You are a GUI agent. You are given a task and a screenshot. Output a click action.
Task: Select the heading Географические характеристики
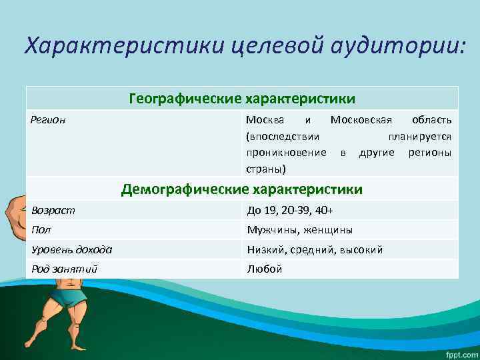[242, 99]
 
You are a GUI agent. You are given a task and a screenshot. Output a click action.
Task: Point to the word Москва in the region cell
[265, 120]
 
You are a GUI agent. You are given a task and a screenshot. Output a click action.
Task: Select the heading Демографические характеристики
[242, 190]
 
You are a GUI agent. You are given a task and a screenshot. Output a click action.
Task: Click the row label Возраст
[53, 210]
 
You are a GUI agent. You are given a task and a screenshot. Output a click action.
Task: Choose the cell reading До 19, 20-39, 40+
[290, 211]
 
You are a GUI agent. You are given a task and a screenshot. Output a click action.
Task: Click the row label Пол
[41, 230]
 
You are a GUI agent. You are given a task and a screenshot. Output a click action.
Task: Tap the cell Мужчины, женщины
[299, 231]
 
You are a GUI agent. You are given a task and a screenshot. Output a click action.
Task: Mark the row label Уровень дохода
[71, 250]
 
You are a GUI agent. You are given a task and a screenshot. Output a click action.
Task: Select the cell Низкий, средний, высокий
[315, 250]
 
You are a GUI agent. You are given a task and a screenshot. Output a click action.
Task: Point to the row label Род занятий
[64, 269]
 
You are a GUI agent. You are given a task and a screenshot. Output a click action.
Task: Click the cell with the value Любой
[265, 269]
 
